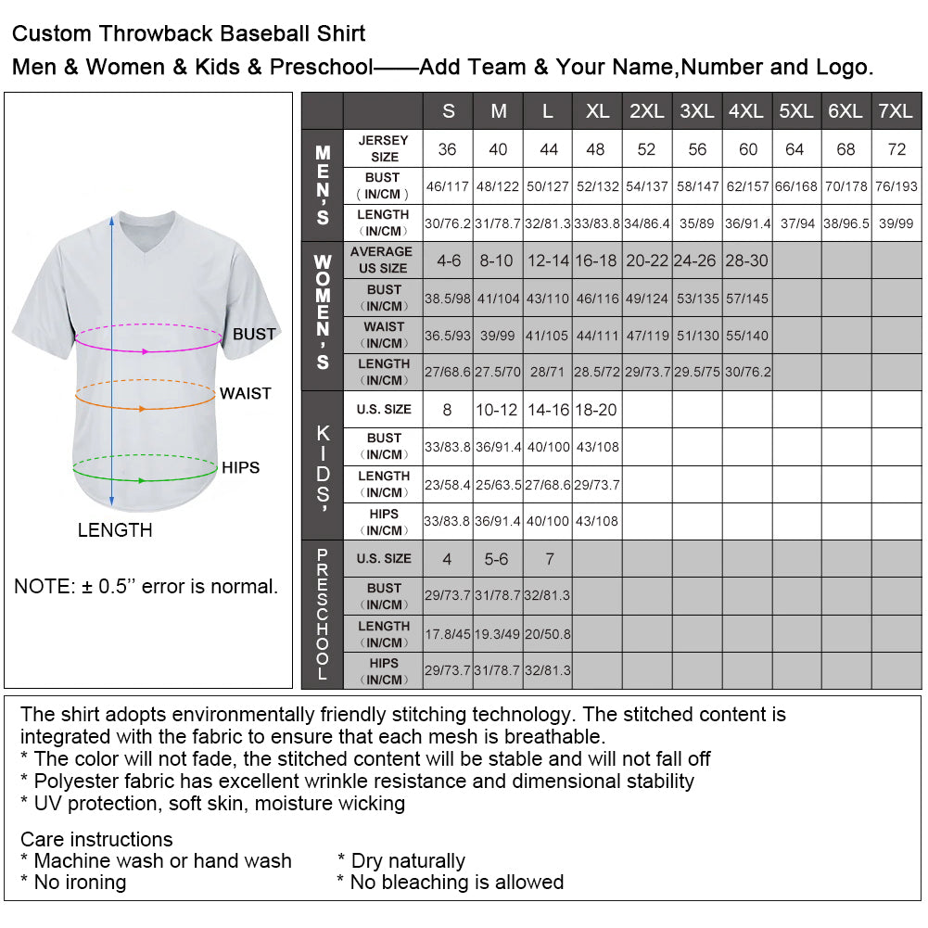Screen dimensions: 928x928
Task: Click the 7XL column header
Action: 896,111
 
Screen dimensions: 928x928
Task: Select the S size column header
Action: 449,111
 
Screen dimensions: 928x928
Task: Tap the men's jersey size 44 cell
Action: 548,149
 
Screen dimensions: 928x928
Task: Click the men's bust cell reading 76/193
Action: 896,186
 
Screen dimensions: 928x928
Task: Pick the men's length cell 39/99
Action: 896,223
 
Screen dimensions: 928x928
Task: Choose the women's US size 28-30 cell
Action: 747,261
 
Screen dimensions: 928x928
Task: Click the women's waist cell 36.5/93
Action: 448,335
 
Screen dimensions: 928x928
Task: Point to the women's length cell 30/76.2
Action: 747,372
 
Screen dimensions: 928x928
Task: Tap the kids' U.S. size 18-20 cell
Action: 597,410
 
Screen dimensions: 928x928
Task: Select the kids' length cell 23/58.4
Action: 448,484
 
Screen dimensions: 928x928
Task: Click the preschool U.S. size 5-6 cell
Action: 498,559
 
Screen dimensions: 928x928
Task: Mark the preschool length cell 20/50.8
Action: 548,634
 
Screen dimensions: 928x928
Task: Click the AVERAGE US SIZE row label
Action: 383,261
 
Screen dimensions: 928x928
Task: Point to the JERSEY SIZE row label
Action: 383,149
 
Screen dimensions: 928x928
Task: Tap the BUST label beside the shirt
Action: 254,334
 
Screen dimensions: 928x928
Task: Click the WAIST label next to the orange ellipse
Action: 245,393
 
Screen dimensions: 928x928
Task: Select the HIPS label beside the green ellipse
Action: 240,467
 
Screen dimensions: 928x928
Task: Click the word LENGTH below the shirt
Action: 115,530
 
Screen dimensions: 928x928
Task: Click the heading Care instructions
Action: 96,840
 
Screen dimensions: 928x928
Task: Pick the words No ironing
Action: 80,882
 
